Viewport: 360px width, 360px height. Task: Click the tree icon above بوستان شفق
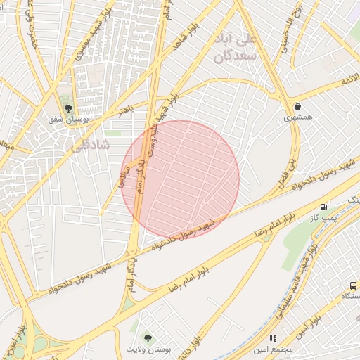click(68, 108)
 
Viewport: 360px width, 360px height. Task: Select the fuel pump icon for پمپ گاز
click(323, 207)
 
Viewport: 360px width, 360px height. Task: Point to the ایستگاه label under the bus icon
click(349, 297)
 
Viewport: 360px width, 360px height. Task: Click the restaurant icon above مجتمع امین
click(273, 338)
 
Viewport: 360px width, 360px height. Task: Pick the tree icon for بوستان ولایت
click(147, 338)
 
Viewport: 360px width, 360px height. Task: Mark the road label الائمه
click(349, 82)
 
